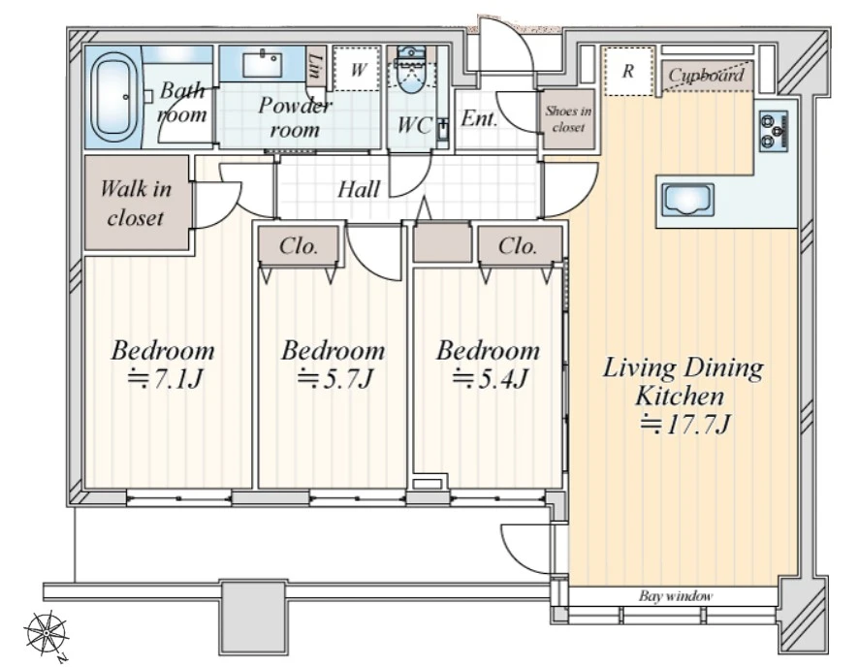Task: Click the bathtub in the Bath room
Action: pyautogui.click(x=114, y=97)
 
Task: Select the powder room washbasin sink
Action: pyautogui.click(x=263, y=65)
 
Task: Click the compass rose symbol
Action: pyautogui.click(x=47, y=634)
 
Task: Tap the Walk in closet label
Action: pyautogui.click(x=136, y=204)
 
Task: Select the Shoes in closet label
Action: pyautogui.click(x=568, y=119)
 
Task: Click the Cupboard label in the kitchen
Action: pyautogui.click(x=706, y=75)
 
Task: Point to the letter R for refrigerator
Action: pyautogui.click(x=628, y=71)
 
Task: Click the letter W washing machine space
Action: pyautogui.click(x=359, y=70)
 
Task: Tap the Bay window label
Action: pyautogui.click(x=676, y=595)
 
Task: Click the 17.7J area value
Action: pyautogui.click(x=687, y=425)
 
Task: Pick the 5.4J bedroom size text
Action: pyautogui.click(x=491, y=378)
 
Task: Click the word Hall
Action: pyautogui.click(x=359, y=189)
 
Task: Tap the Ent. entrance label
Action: pyautogui.click(x=479, y=117)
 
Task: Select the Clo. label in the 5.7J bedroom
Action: pyautogui.click(x=299, y=246)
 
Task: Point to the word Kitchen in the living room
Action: pyautogui.click(x=680, y=396)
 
